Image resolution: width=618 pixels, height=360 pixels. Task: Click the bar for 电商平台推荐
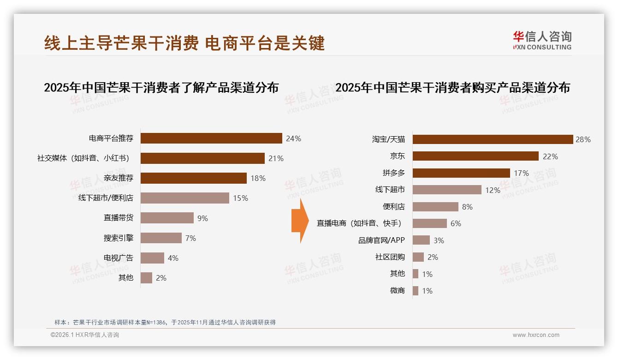pyautogui.click(x=211, y=138)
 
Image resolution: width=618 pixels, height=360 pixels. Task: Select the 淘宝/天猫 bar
pyautogui.click(x=493, y=139)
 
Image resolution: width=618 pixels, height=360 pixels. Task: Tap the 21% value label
pyautogui.click(x=276, y=158)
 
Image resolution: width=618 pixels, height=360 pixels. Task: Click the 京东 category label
pyautogui.click(x=397, y=156)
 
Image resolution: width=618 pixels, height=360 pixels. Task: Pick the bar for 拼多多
pyautogui.click(x=461, y=173)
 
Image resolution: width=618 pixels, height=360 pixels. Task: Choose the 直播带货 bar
pyautogui.click(x=167, y=218)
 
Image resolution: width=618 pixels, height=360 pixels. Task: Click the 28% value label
pyautogui.click(x=583, y=139)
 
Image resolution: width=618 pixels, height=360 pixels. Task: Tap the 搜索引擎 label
pyautogui.click(x=119, y=238)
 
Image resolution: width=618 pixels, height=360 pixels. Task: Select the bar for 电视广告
pyautogui.click(x=152, y=258)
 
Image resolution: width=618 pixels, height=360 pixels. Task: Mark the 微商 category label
pyautogui.click(x=397, y=291)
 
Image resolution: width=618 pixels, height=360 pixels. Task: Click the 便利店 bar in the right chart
pyautogui.click(x=435, y=207)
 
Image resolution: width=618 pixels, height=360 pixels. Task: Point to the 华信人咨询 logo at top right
pyautogui.click(x=542, y=40)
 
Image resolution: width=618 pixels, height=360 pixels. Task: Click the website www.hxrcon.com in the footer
pyautogui.click(x=536, y=335)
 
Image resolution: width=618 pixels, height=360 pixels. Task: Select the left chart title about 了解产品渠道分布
pyautogui.click(x=161, y=88)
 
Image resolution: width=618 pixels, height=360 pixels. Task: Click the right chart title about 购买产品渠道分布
pyautogui.click(x=452, y=88)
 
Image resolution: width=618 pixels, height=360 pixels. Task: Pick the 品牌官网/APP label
pyautogui.click(x=381, y=240)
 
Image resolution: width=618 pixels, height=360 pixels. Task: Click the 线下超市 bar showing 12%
pyautogui.click(x=447, y=190)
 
